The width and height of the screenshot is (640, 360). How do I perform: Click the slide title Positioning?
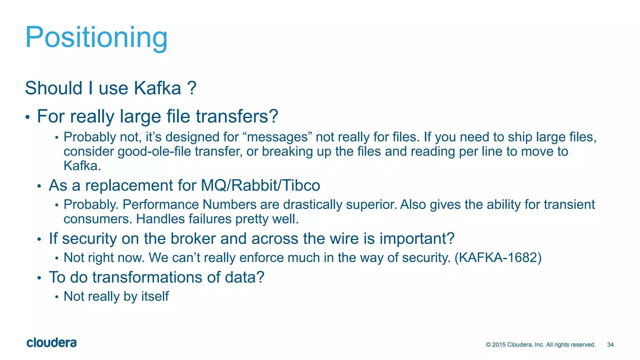click(96, 37)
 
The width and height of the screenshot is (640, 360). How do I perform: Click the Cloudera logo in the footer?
click(52, 343)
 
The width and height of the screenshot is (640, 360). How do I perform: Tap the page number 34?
click(610, 345)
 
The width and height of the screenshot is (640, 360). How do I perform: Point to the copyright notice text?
click(541, 345)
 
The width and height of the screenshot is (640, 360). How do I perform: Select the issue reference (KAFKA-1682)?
click(498, 258)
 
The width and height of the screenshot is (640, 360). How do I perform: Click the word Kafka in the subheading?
click(157, 88)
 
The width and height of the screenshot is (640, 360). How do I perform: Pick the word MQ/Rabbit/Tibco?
click(260, 185)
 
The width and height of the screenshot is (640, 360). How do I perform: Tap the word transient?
click(569, 205)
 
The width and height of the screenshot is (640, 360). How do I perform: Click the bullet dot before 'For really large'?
click(27, 118)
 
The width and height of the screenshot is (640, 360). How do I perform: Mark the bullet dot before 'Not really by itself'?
click(57, 297)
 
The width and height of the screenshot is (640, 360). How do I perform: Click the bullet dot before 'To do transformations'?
click(39, 278)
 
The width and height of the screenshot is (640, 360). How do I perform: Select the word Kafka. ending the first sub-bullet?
click(82, 166)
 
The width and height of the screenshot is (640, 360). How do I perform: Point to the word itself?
click(155, 297)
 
